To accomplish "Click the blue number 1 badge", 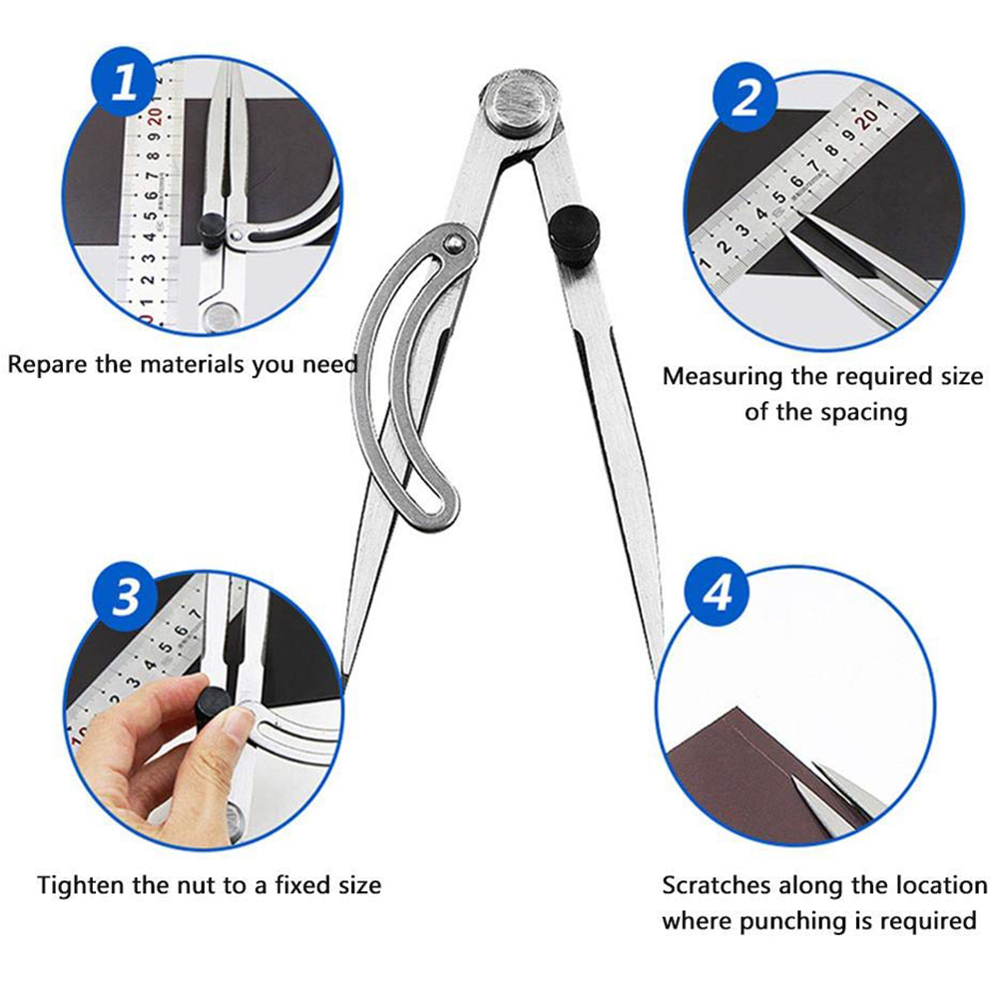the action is point(126,81).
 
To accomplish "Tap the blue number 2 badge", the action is point(747,97).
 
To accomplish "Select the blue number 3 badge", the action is point(125,596).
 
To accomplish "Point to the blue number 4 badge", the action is point(718,592).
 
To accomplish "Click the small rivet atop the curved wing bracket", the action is point(453,242).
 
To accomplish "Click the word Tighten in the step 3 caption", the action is point(81,885).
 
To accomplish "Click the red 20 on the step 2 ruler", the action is point(867,118).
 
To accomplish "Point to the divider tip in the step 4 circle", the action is point(791,774).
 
